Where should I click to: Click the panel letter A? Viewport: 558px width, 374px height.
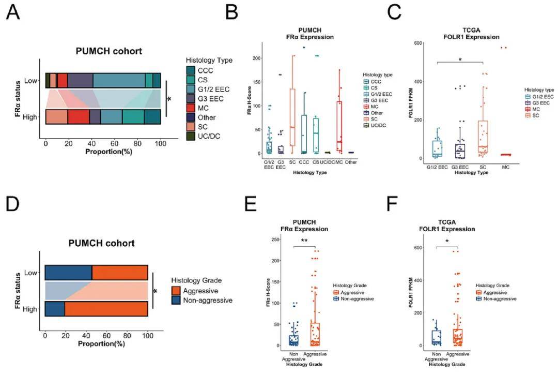[x=14, y=12]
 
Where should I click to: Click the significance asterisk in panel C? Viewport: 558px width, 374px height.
[x=460, y=60]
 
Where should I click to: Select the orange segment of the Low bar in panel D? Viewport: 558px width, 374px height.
[x=120, y=273]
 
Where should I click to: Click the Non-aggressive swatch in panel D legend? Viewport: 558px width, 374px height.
[x=176, y=300]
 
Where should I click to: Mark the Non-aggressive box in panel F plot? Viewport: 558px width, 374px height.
[x=436, y=337]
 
